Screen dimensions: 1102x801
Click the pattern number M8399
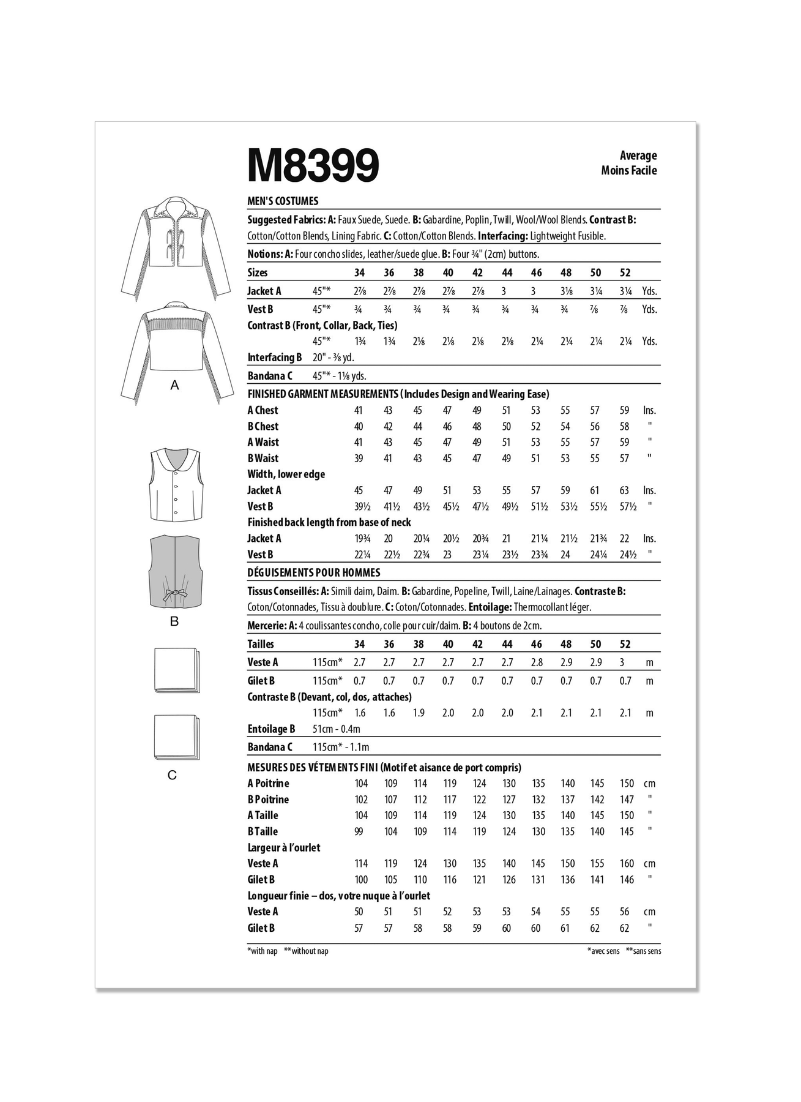click(x=313, y=165)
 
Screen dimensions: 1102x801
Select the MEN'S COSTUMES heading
click(x=283, y=201)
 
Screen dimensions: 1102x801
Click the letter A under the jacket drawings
click(x=174, y=386)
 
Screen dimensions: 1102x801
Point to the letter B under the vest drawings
click(x=174, y=621)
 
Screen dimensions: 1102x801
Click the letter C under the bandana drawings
click(x=172, y=776)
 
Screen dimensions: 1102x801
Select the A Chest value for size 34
click(x=359, y=411)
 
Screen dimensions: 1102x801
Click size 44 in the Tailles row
click(x=507, y=644)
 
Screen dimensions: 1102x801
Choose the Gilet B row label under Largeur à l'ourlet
click(x=261, y=880)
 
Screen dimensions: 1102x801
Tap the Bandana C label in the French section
click(x=270, y=747)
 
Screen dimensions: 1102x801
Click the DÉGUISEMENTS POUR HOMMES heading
click(x=314, y=573)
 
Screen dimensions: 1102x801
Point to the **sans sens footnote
click(x=643, y=951)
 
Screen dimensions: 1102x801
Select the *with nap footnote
click(x=263, y=951)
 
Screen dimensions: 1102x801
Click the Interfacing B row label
click(x=275, y=358)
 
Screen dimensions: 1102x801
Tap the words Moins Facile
click(x=628, y=171)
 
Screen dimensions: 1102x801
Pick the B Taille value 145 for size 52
click(x=627, y=832)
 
